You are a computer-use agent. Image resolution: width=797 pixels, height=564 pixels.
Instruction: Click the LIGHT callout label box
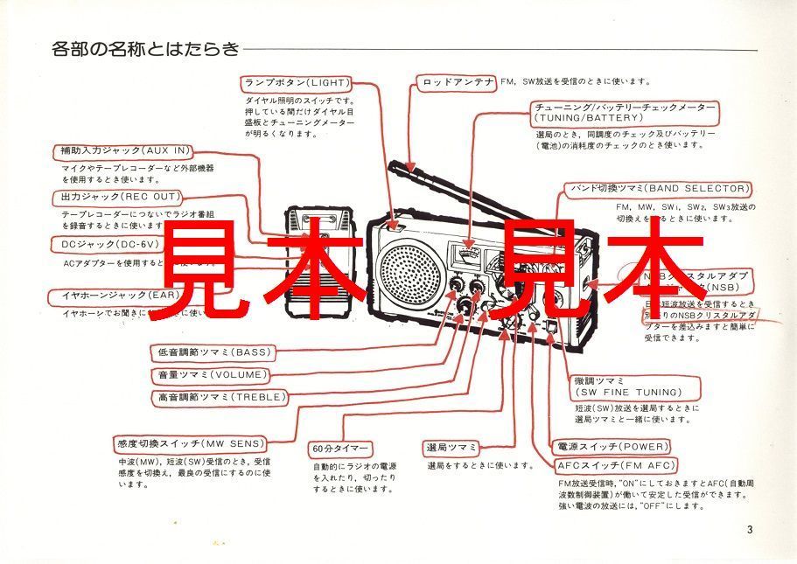(x=297, y=83)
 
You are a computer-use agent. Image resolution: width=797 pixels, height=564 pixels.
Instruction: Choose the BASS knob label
(x=215, y=352)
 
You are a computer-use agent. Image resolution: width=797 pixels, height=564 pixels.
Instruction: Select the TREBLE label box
(x=214, y=397)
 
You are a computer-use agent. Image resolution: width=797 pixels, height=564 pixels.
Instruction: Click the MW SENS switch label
(x=190, y=443)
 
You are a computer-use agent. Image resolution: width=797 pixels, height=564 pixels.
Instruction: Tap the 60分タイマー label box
(x=340, y=449)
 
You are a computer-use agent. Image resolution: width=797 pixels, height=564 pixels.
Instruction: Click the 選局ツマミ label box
(x=452, y=448)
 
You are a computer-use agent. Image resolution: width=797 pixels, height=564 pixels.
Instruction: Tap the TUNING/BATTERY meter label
(x=625, y=112)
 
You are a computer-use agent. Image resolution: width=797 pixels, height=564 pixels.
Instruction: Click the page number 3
(x=750, y=529)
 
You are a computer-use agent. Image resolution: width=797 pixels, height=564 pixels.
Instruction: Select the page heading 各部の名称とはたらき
(x=144, y=49)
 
